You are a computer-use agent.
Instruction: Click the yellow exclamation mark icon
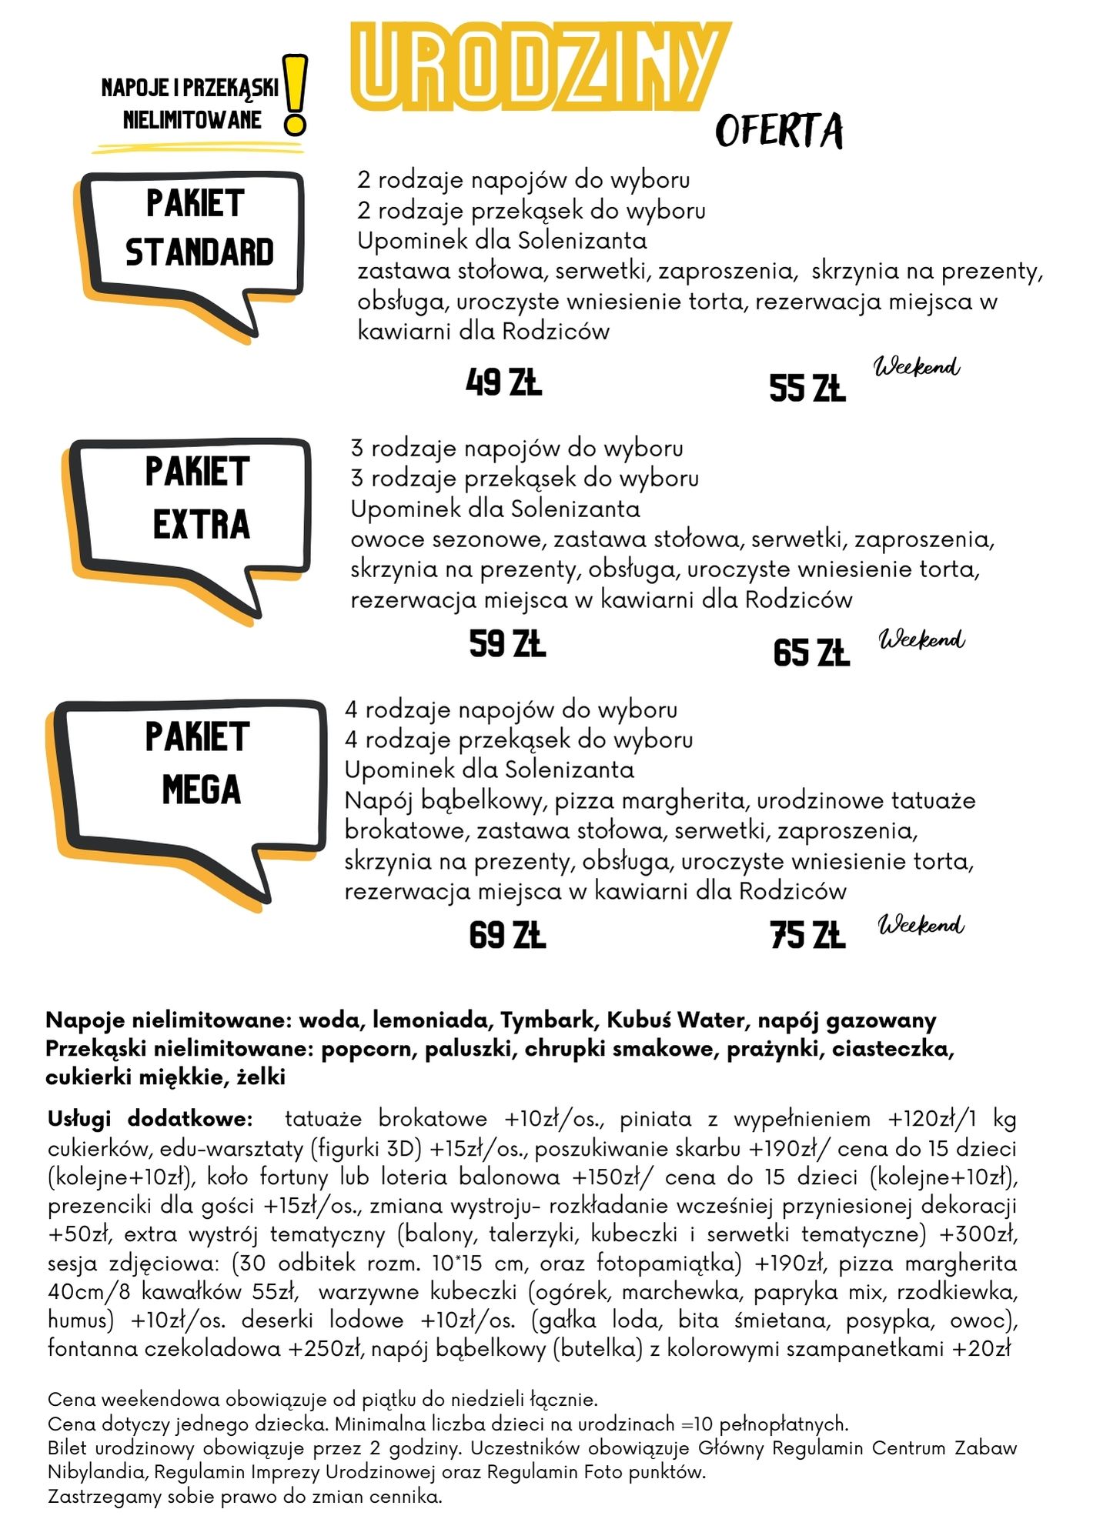coord(295,95)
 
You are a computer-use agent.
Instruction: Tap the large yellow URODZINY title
coord(539,67)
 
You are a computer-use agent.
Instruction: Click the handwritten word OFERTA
coord(779,131)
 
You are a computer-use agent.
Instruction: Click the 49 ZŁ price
coord(504,382)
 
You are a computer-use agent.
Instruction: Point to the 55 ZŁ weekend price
coord(807,388)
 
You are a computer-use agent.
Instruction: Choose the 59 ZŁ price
coord(507,644)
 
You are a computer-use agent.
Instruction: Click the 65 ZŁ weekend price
coord(811,653)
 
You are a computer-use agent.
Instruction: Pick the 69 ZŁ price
coord(507,935)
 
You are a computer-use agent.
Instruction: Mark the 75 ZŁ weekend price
coord(807,935)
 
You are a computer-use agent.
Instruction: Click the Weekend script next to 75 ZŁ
coord(921,924)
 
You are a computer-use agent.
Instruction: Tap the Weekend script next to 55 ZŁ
coord(917,367)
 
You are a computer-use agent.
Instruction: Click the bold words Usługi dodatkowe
coord(150,1119)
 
